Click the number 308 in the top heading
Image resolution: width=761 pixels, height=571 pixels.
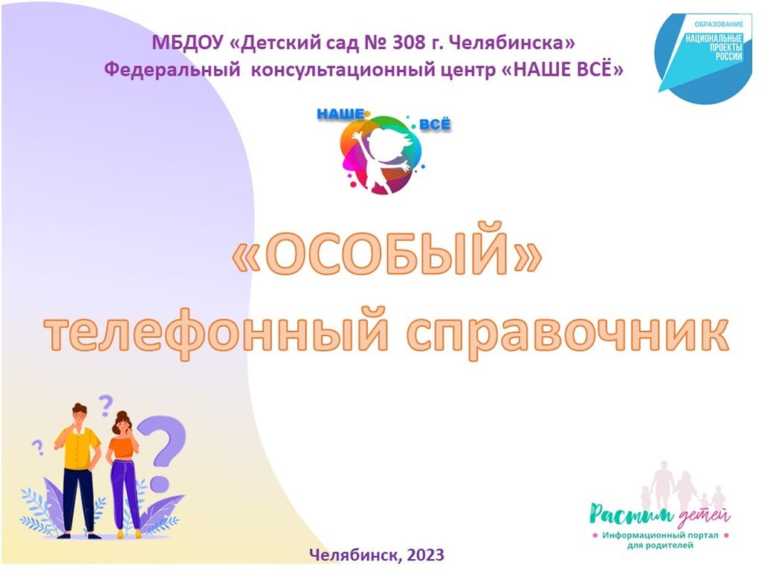click(x=409, y=42)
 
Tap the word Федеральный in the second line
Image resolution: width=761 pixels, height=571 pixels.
click(x=172, y=70)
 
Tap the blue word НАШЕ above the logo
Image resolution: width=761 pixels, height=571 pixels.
click(x=340, y=114)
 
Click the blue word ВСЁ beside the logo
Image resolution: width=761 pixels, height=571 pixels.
click(x=435, y=124)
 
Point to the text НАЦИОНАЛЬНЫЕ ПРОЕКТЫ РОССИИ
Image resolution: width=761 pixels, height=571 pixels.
click(x=714, y=47)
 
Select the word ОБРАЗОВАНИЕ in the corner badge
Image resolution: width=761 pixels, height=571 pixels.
click(x=719, y=24)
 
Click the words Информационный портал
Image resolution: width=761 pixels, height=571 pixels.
click(x=660, y=535)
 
